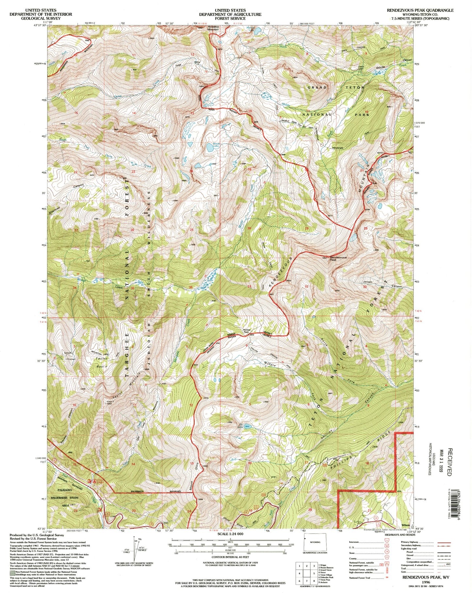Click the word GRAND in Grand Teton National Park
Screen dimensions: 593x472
pyautogui.click(x=317, y=88)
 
